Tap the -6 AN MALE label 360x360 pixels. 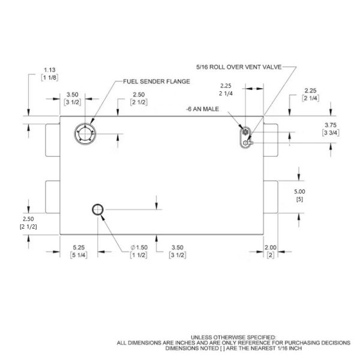(203, 109)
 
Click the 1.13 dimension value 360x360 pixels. (49, 69)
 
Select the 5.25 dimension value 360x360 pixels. (79, 247)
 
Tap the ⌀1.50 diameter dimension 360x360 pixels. (139, 247)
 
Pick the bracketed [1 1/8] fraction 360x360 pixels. (49, 77)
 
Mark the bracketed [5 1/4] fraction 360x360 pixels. (79, 256)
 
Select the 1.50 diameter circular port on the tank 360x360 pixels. (98, 209)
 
